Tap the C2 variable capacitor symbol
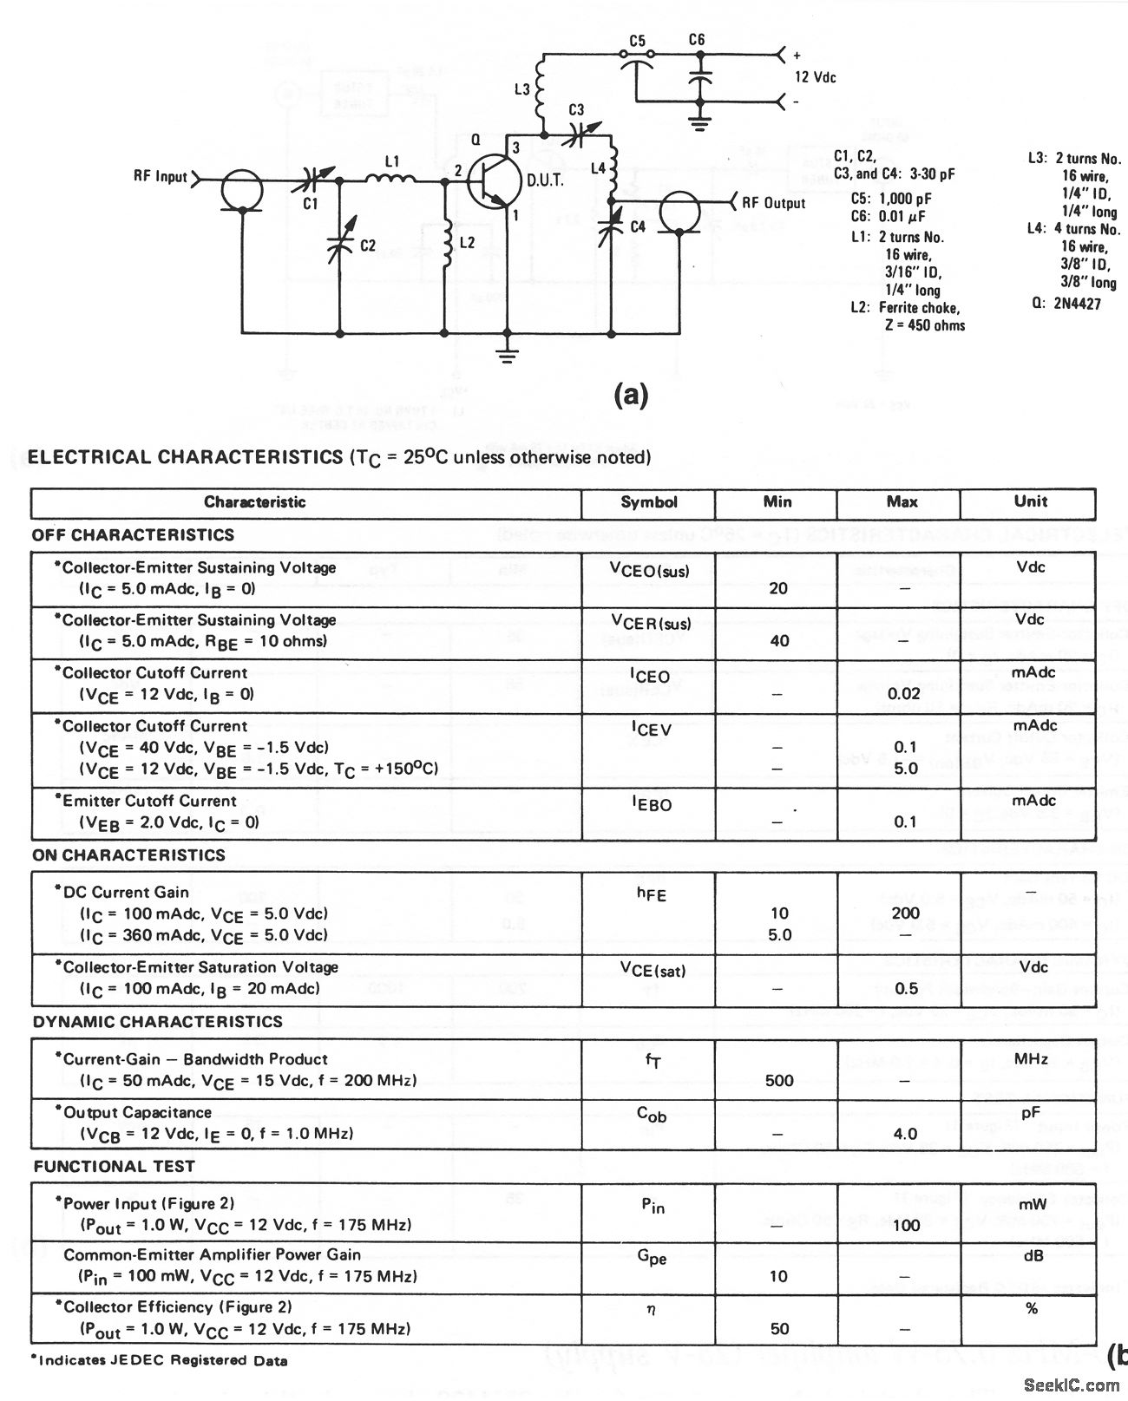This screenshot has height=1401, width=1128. pos(339,246)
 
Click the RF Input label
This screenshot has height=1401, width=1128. pos(160,176)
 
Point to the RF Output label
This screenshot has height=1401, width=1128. pos(773,203)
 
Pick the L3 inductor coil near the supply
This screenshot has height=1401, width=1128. pos(541,88)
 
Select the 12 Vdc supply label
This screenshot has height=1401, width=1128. pos(816,77)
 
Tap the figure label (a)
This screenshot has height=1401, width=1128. pos(630,396)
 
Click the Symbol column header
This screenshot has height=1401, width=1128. pos(648,501)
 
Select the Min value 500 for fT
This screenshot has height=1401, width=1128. pos(779,1081)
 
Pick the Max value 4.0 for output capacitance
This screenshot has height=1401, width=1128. pos(904,1134)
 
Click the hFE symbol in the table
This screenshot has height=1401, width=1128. pos(651,894)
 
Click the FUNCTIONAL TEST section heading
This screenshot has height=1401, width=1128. pos(114,1167)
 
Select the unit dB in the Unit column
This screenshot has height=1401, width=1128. pos(1031,1255)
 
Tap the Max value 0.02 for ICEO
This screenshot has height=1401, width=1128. pos(904,694)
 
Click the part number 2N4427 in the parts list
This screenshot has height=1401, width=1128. pos(1079,304)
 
